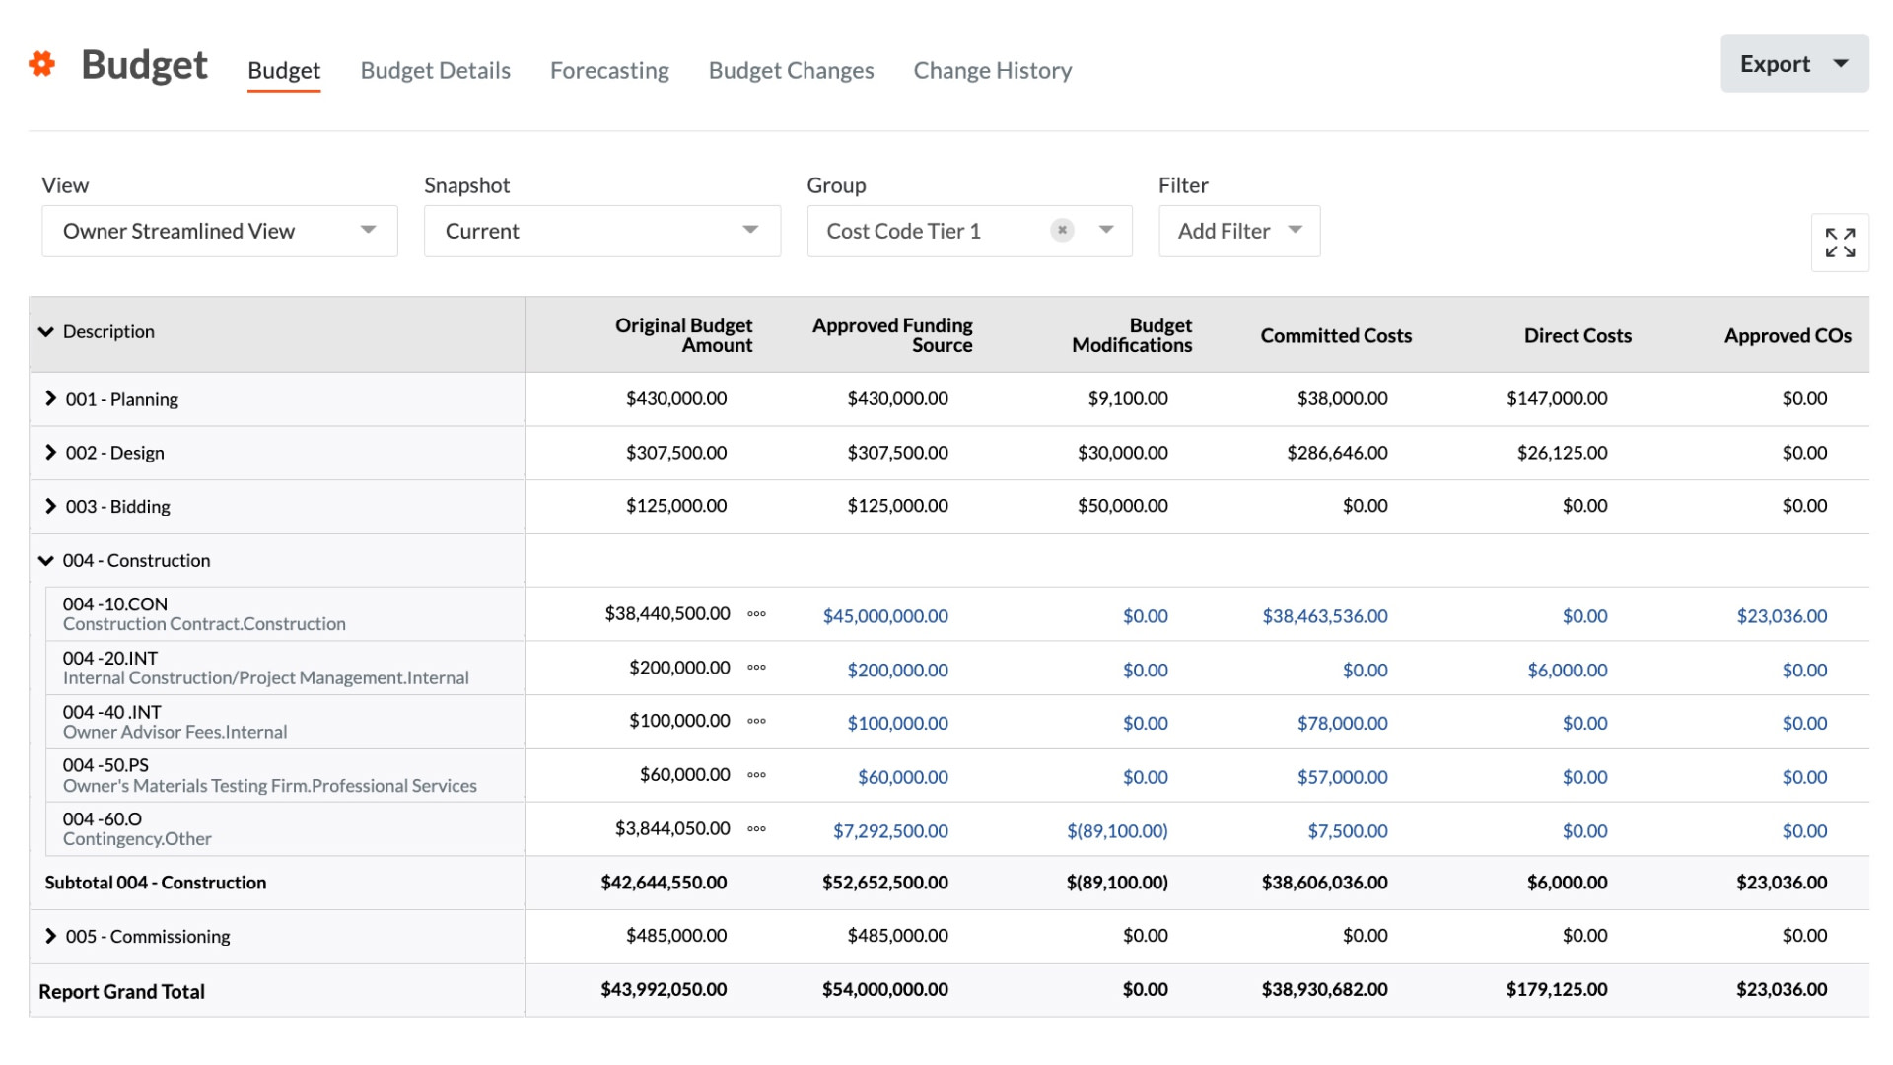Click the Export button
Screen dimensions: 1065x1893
point(1792,64)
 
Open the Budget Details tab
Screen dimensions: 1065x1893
point(435,71)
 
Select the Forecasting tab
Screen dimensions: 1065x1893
point(609,71)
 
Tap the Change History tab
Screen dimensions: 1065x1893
point(992,71)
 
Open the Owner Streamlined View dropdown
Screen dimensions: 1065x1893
point(219,231)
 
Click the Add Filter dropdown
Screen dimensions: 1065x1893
point(1238,231)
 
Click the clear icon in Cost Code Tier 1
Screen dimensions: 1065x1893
point(1062,230)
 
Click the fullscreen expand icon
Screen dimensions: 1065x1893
point(1839,243)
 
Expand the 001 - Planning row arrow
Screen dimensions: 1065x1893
point(50,398)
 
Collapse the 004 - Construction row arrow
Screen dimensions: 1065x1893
point(46,560)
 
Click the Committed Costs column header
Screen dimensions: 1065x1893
point(1335,336)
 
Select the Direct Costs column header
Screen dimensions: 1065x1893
point(1577,336)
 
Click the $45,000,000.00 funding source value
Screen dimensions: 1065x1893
point(884,616)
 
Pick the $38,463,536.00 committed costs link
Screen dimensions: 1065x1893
point(1324,616)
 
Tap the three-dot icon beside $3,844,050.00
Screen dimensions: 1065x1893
point(756,829)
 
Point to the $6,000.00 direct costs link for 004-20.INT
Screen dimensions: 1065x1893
point(1567,671)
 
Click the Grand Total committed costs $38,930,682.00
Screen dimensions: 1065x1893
point(1324,989)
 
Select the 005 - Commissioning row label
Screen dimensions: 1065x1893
point(148,936)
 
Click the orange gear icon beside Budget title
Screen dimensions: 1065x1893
point(41,64)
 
